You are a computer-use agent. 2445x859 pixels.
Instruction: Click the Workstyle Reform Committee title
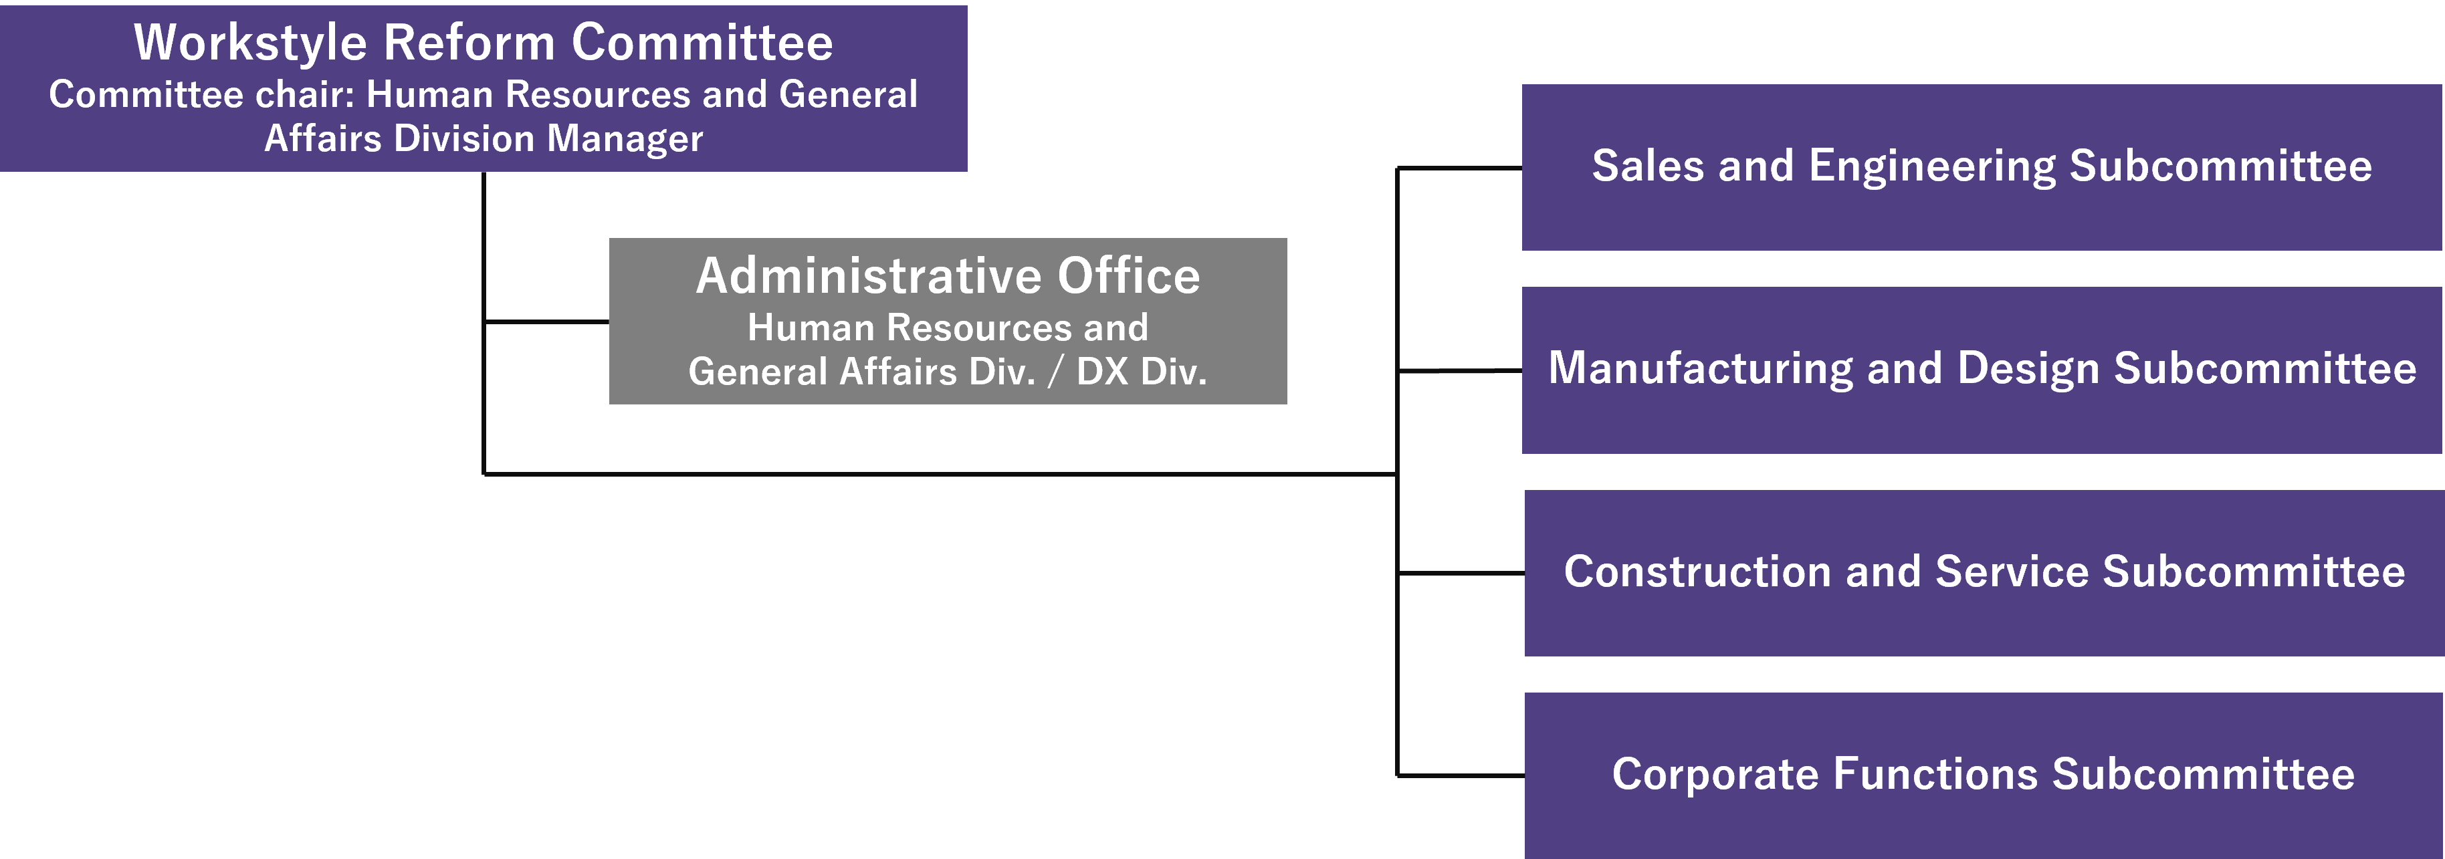point(483,43)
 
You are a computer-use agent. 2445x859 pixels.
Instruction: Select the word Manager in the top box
point(625,138)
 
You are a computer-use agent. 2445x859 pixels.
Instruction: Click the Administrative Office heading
point(947,276)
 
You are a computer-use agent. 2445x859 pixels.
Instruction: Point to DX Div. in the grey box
point(1141,371)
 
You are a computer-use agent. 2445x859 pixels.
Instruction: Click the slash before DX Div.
point(1055,371)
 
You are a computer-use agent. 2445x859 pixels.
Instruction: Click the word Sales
point(1648,166)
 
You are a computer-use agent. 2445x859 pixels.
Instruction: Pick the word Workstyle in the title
point(249,43)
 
